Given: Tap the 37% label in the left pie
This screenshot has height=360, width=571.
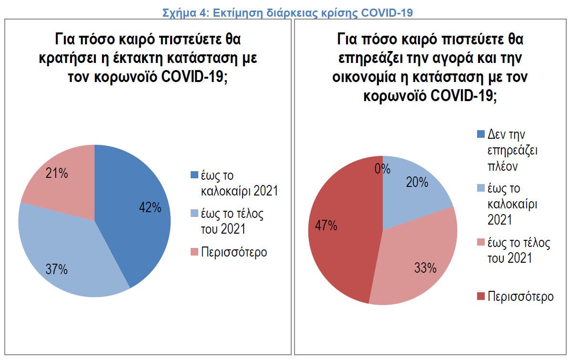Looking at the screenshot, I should (57, 269).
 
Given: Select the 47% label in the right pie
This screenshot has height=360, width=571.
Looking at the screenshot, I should (326, 226).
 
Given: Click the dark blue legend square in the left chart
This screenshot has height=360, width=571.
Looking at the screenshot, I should (194, 175).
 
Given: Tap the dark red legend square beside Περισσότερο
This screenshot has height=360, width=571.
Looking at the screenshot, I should (480, 297).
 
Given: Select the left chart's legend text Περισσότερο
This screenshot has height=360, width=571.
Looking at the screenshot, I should (234, 252).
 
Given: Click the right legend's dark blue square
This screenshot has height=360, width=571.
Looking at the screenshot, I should (480, 134).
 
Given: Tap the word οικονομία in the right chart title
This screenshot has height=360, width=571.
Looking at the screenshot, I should (361, 77).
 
